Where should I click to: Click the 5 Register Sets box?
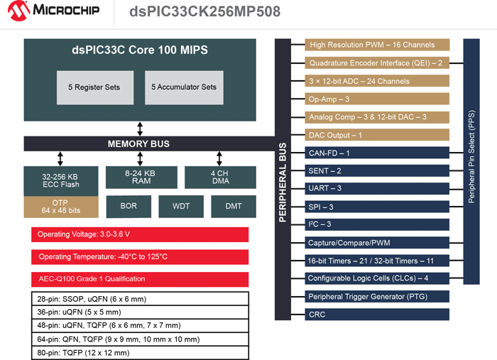[94, 87]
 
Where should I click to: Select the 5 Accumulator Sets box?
[183, 87]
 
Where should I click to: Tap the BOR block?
[129, 207]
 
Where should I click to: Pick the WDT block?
[181, 207]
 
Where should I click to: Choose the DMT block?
[233, 207]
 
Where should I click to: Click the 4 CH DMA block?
[219, 177]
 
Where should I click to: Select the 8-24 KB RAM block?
[141, 177]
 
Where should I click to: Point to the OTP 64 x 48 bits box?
[60, 207]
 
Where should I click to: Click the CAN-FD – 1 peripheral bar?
[377, 153]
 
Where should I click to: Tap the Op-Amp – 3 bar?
[377, 99]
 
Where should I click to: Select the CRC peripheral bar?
[377, 314]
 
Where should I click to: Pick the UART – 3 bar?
[377, 189]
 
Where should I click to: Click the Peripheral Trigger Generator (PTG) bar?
[377, 296]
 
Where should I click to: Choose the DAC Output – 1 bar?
[377, 135]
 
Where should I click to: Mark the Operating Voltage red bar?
[139, 234]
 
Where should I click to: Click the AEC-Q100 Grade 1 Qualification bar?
[139, 278]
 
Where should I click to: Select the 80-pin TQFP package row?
[139, 353]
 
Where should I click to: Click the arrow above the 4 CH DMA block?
[219, 158]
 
